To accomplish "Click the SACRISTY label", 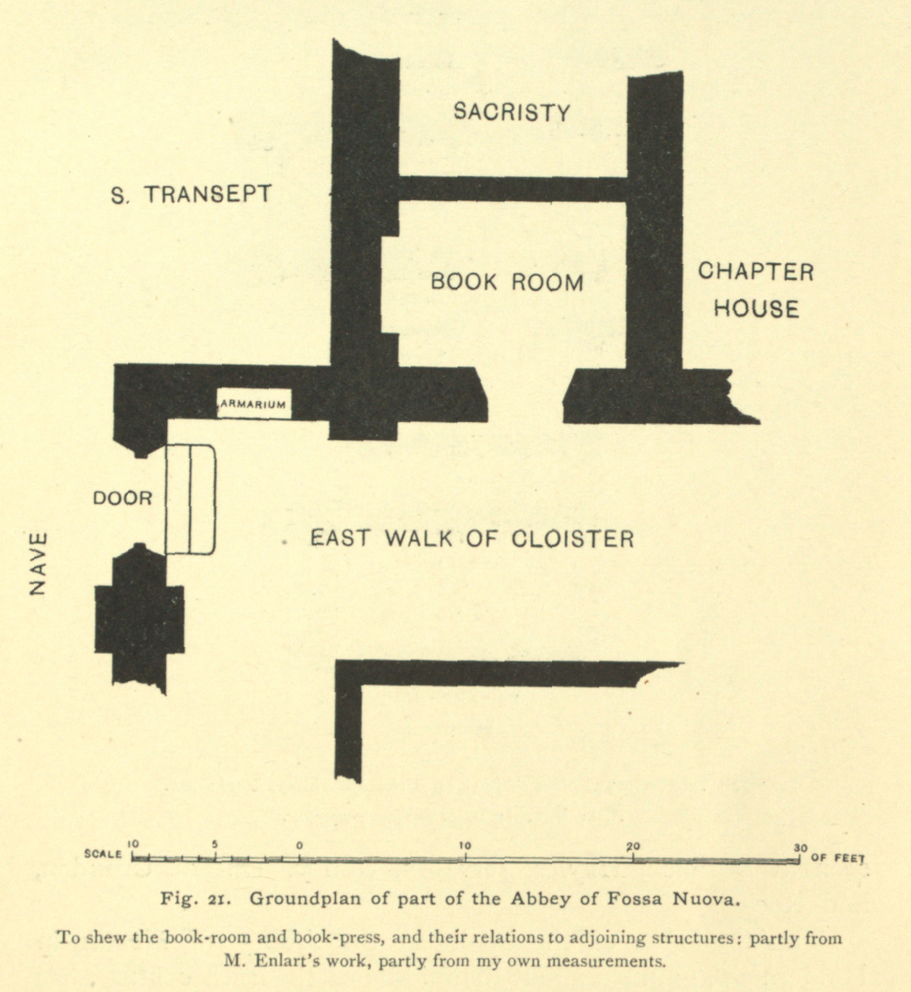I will coord(511,112).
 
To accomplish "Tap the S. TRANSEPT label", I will coord(191,195).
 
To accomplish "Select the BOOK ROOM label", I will coord(507,282).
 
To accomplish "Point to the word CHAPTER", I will coord(756,272).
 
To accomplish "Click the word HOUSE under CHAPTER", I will coord(756,309).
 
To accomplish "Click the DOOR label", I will coord(123,498).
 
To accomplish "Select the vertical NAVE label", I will coord(39,564).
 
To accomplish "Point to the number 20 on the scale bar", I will coord(633,846).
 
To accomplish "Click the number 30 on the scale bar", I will coord(800,848).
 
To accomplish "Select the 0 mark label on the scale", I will coord(300,846).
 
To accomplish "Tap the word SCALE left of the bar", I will coord(103,853).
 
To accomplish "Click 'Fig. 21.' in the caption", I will coord(197,899).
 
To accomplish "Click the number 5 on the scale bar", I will coord(215,844).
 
